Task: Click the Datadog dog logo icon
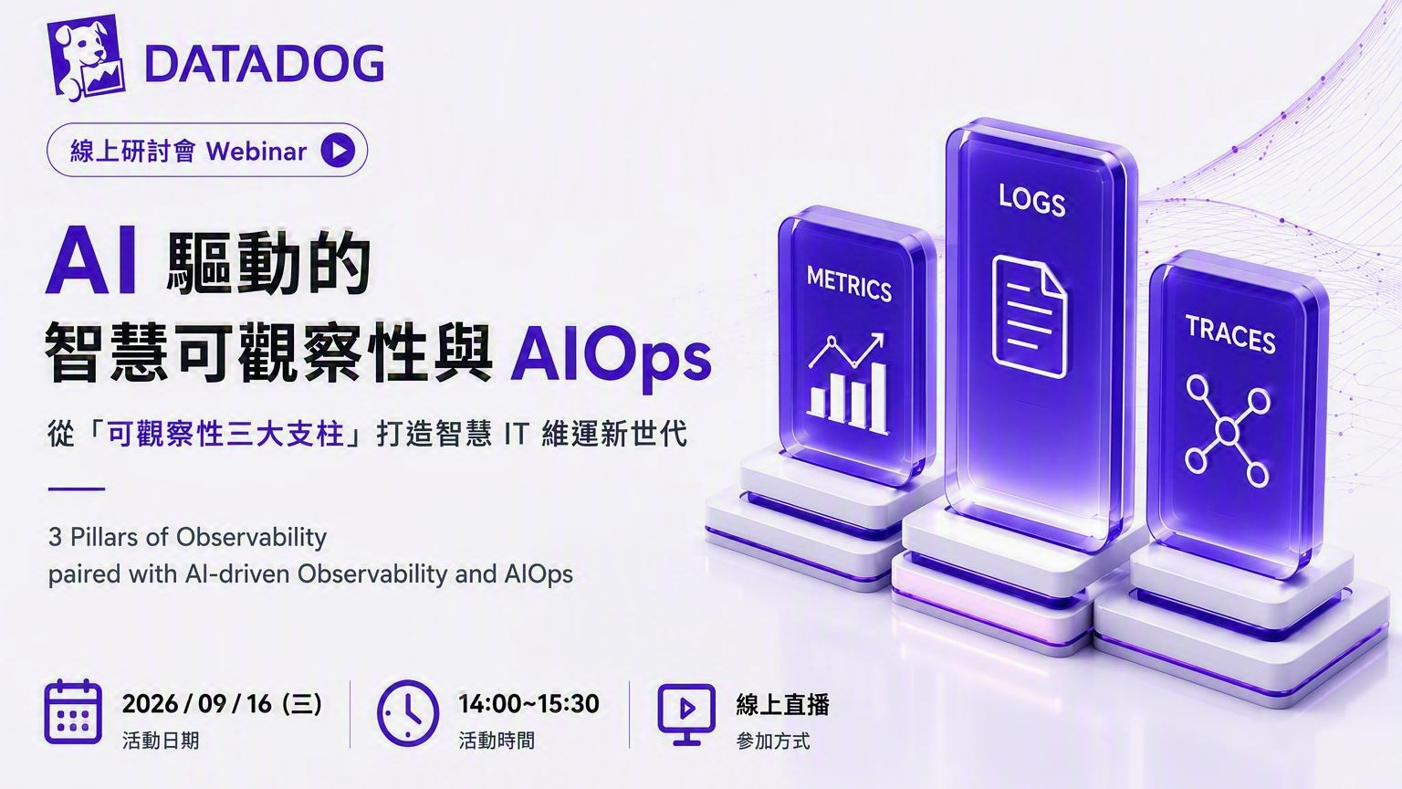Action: (x=86, y=58)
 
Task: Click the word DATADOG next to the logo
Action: (x=264, y=64)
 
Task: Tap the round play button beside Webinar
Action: (x=338, y=151)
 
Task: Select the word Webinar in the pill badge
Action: (x=256, y=151)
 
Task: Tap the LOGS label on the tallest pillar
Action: (x=1032, y=199)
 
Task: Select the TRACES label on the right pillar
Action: (x=1230, y=334)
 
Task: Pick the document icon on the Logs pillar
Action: (x=1031, y=317)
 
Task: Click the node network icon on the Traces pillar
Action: (x=1228, y=431)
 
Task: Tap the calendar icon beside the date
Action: (x=73, y=711)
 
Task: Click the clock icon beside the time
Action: (x=408, y=713)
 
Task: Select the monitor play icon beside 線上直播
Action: (x=686, y=714)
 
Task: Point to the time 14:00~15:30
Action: (x=528, y=704)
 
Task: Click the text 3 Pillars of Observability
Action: (x=188, y=537)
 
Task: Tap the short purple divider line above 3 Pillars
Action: (x=77, y=489)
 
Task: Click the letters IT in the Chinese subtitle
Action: (x=517, y=434)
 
